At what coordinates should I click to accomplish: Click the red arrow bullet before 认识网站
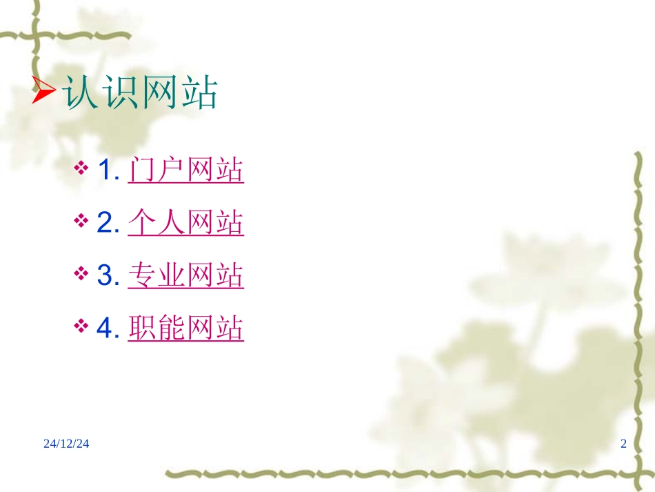click(x=45, y=92)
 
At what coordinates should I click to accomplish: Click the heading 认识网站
click(x=141, y=92)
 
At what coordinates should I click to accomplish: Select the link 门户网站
click(x=186, y=170)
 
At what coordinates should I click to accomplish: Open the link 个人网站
click(x=186, y=223)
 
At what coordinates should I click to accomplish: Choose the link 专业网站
click(x=186, y=276)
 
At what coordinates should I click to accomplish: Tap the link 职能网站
click(x=186, y=329)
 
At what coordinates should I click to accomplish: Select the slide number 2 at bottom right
click(x=623, y=444)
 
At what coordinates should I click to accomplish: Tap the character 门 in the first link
click(x=143, y=170)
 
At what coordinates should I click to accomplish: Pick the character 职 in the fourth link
click(x=143, y=329)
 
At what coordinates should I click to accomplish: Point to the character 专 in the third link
click(x=143, y=276)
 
